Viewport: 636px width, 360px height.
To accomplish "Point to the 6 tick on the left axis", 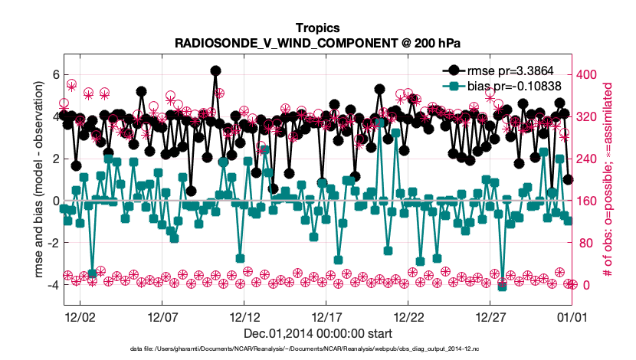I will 55,74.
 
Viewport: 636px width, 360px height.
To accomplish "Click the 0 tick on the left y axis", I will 55,201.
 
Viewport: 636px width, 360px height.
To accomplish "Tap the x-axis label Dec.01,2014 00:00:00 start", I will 317,333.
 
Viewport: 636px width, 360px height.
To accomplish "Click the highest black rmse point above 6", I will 216,70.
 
